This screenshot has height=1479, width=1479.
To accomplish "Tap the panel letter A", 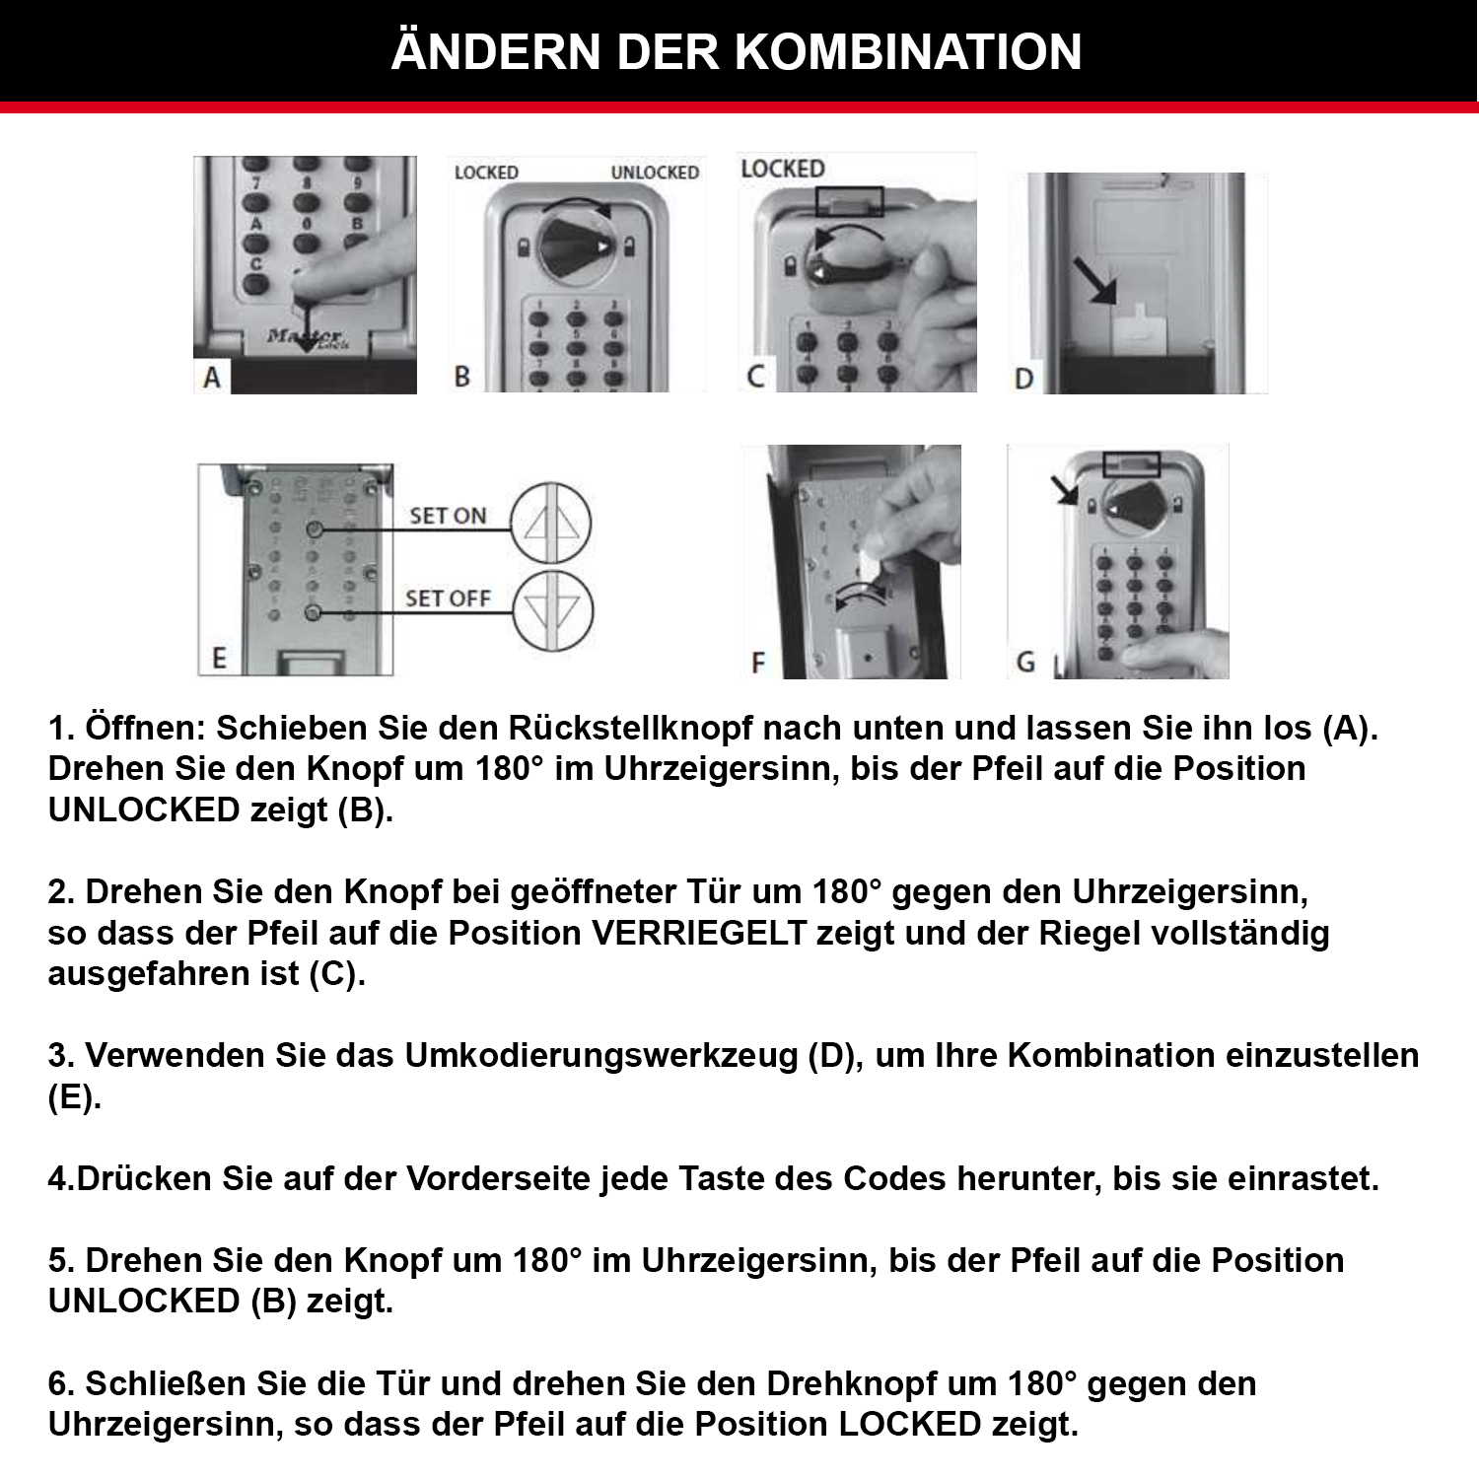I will point(212,378).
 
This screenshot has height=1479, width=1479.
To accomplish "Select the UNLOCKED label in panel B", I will point(655,173).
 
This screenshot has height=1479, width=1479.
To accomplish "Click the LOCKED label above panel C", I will point(783,169).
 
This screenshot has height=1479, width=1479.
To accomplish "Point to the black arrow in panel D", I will point(1094,280).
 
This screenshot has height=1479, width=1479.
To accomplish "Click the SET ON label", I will point(448,516).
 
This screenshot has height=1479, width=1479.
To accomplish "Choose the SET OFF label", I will point(448,599).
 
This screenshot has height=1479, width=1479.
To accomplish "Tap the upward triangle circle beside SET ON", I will point(550,523).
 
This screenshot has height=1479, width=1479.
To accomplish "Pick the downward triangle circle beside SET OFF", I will point(552,611).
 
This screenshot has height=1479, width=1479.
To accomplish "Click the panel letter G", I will point(1025,662).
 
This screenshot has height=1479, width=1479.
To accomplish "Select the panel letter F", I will point(757,663).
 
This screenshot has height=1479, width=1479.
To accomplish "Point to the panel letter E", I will point(219,659).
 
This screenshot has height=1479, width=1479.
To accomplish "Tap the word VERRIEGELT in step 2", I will point(699,933).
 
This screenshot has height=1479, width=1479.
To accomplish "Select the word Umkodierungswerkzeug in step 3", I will point(601,1055).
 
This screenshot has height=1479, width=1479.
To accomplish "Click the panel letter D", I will point(1024,379).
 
